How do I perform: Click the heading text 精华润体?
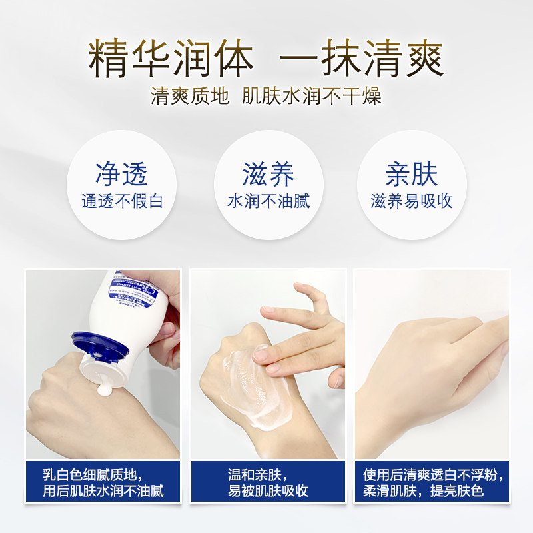pos(171,59)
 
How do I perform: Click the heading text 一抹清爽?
pos(361,59)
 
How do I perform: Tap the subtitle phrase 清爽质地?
pos(190,96)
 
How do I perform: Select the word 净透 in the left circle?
pos(121,174)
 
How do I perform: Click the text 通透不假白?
pos(122,201)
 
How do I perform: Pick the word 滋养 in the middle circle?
pos(268,174)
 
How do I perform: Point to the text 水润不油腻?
pos(268,201)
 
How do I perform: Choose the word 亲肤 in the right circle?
pos(411,174)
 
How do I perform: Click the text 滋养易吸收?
pos(412,201)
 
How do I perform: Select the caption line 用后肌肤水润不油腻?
pos(103,492)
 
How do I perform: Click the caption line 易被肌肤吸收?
pos(268,492)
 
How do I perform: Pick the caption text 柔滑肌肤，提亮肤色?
pos(423,492)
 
